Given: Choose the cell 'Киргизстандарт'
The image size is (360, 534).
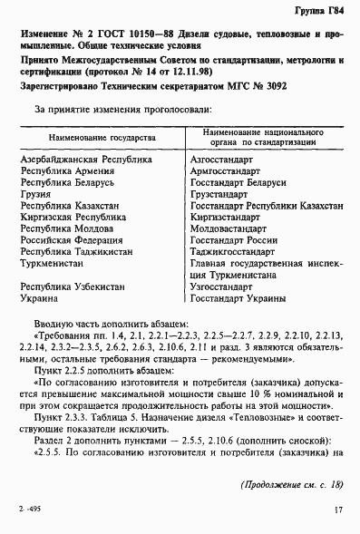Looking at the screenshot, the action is pyautogui.click(x=229, y=218).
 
